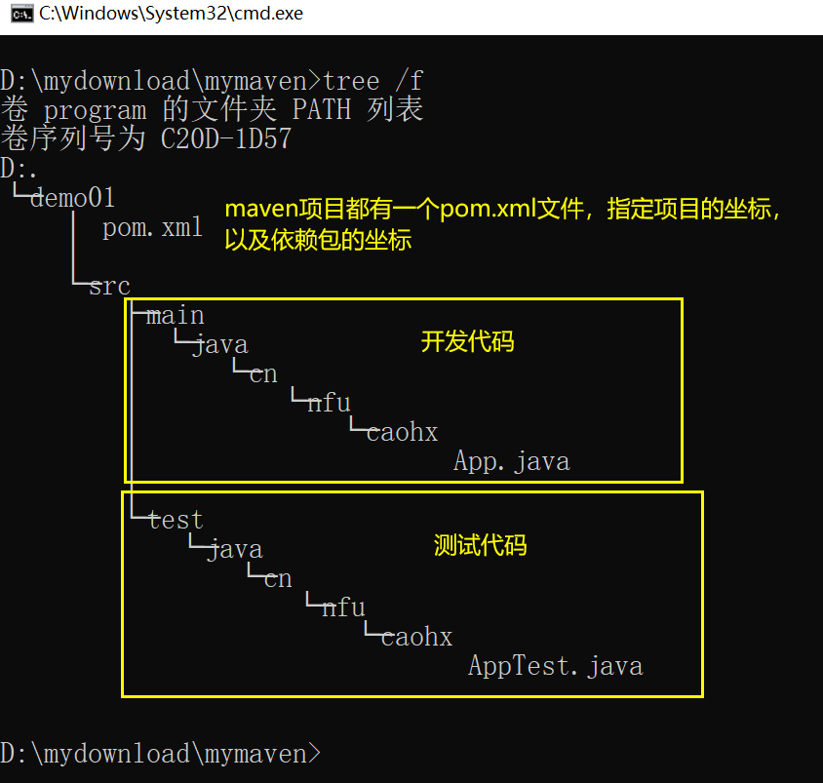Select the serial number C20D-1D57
tap(225, 139)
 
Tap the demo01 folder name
tap(72, 199)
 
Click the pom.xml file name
tap(153, 228)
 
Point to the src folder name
tap(109, 287)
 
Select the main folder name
tap(176, 316)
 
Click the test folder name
tap(176, 521)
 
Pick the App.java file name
tap(511, 461)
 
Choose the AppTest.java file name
tap(555, 667)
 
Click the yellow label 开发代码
tap(467, 342)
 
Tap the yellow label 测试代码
tap(480, 546)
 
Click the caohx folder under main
tap(402, 433)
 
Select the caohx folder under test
tap(416, 638)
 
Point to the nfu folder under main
tap(329, 404)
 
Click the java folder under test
tap(234, 550)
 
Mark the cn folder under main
tap(263, 374)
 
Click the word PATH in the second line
tap(321, 109)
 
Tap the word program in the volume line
tap(95, 110)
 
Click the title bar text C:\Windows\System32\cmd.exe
tap(171, 14)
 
